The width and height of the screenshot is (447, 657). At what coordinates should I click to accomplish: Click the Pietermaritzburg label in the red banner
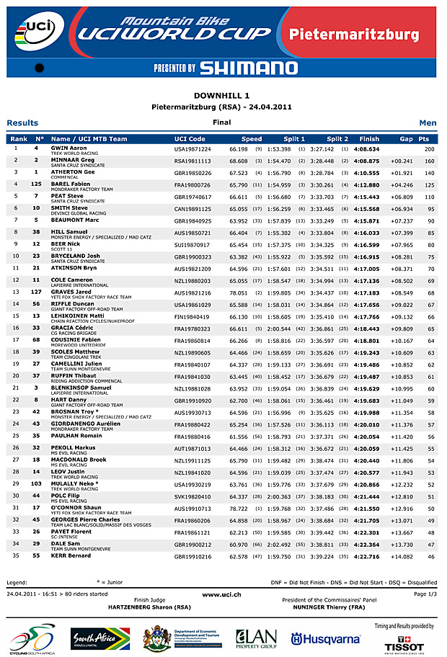coord(354,35)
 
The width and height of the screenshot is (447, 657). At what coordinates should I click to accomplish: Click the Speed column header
coord(252,139)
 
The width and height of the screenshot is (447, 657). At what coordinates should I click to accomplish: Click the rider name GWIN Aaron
coord(68,148)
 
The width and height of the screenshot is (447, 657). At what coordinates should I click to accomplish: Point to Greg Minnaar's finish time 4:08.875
coord(369,161)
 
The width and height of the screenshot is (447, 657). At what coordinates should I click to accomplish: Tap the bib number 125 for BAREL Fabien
coord(36,184)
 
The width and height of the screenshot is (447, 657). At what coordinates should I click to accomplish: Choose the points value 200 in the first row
coord(430,148)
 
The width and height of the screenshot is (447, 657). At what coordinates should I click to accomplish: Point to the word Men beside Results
coord(428,123)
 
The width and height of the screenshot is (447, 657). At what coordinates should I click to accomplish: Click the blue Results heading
coord(22,123)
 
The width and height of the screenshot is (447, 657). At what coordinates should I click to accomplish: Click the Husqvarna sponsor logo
coord(325,639)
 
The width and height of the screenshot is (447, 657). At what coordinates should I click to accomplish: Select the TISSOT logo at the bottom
coord(414,644)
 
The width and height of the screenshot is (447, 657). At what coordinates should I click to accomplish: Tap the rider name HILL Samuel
coord(70,232)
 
